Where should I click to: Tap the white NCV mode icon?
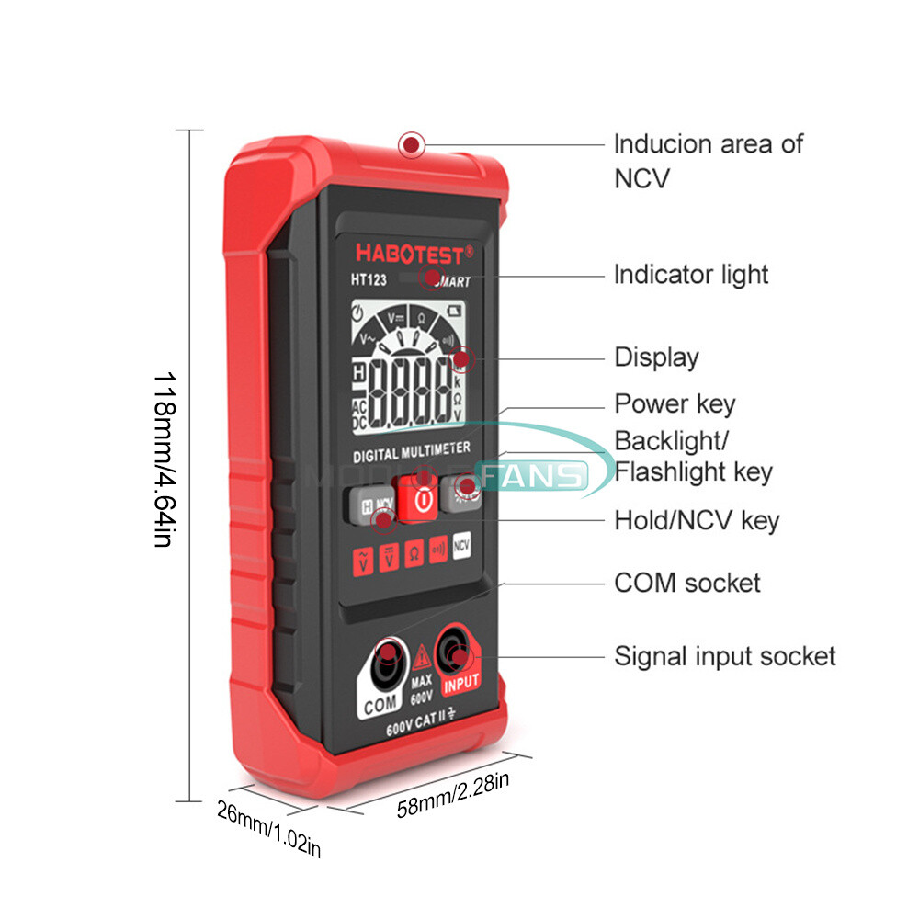(x=461, y=544)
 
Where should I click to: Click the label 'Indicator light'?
(x=691, y=274)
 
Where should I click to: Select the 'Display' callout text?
(x=656, y=357)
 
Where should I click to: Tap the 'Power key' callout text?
(x=675, y=403)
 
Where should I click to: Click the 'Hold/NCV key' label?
(x=697, y=521)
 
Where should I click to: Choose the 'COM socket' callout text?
(x=687, y=583)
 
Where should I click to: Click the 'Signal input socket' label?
(x=725, y=656)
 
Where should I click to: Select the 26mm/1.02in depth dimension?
(x=268, y=828)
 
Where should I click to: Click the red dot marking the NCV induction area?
(x=412, y=144)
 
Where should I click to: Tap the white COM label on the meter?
(x=380, y=704)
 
